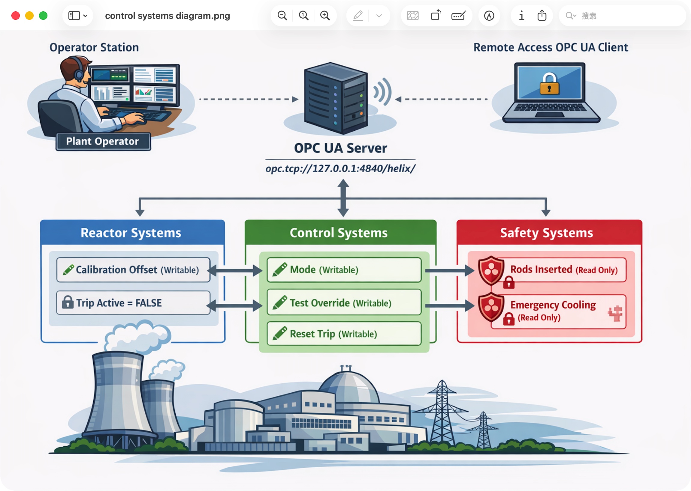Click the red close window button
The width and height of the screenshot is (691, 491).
[x=15, y=15]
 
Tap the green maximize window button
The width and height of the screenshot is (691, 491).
[x=43, y=15]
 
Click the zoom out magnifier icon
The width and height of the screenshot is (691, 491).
[x=282, y=15]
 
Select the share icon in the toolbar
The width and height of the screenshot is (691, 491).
[x=542, y=15]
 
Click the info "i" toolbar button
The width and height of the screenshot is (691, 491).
[x=521, y=15]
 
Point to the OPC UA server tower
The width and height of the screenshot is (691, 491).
[x=336, y=98]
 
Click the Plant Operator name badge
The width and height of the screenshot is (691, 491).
[x=103, y=141]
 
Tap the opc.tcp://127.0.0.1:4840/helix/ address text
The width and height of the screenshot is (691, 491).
[x=340, y=168]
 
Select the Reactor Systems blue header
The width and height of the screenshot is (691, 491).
[x=133, y=233]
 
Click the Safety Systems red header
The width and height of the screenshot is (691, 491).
[x=549, y=233]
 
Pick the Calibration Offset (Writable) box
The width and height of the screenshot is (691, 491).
[x=133, y=270]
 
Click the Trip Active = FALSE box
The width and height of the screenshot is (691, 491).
[x=133, y=303]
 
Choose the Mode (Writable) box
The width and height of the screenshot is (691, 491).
[x=344, y=270]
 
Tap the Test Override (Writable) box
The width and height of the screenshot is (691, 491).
[x=344, y=302]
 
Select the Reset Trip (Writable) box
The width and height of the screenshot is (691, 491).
[x=344, y=334]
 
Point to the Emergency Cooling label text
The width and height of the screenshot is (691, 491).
[x=553, y=305]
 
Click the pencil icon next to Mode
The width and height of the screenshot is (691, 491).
[x=280, y=269]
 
